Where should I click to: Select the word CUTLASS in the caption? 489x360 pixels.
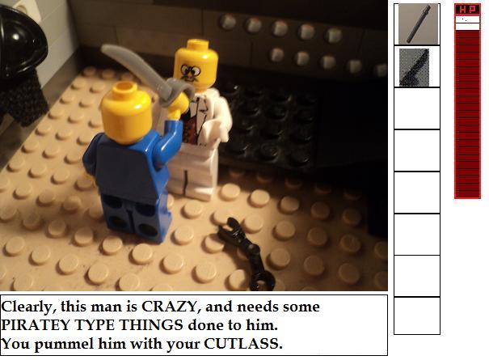243,344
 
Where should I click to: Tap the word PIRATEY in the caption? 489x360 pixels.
36,325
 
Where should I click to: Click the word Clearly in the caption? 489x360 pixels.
29,307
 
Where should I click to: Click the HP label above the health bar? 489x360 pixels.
467,10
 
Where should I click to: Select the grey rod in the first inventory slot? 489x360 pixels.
419,24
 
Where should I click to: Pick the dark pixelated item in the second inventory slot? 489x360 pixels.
414,67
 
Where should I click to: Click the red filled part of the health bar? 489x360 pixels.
467,114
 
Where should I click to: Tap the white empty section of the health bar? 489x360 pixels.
467,23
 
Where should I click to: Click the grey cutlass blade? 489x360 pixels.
137,70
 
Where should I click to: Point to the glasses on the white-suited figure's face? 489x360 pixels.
191,71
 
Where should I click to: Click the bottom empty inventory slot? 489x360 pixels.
417,316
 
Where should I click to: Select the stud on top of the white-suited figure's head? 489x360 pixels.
196,44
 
